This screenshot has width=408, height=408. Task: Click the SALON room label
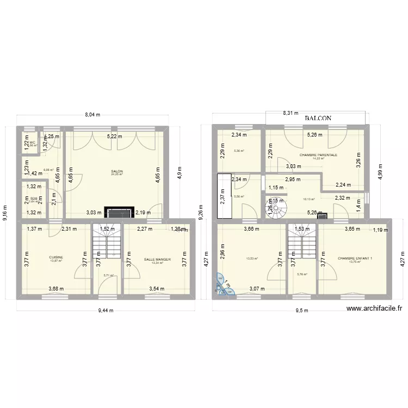(116, 171)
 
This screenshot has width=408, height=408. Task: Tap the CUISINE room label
(55, 257)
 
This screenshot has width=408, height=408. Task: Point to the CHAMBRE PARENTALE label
(318, 154)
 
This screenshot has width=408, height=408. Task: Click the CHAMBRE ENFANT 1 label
(355, 258)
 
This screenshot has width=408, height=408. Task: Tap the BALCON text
(318, 118)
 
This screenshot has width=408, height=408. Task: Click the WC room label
(32, 142)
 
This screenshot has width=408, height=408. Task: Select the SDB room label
(33, 199)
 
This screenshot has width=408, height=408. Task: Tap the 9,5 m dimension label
(301, 311)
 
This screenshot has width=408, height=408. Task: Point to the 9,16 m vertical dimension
(6, 212)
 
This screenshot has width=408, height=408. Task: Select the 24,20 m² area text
(116, 175)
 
